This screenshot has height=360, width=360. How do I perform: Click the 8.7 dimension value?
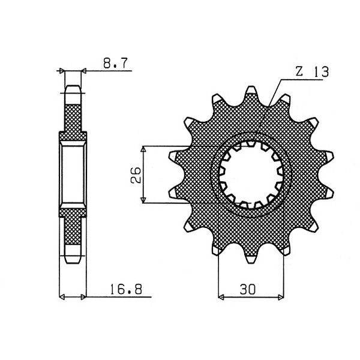coord(113,63)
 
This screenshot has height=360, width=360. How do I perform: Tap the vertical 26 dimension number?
coord(136,175)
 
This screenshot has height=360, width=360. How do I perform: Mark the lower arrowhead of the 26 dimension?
coord(143,201)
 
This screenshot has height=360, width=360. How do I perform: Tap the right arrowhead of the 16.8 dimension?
coord(85,295)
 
